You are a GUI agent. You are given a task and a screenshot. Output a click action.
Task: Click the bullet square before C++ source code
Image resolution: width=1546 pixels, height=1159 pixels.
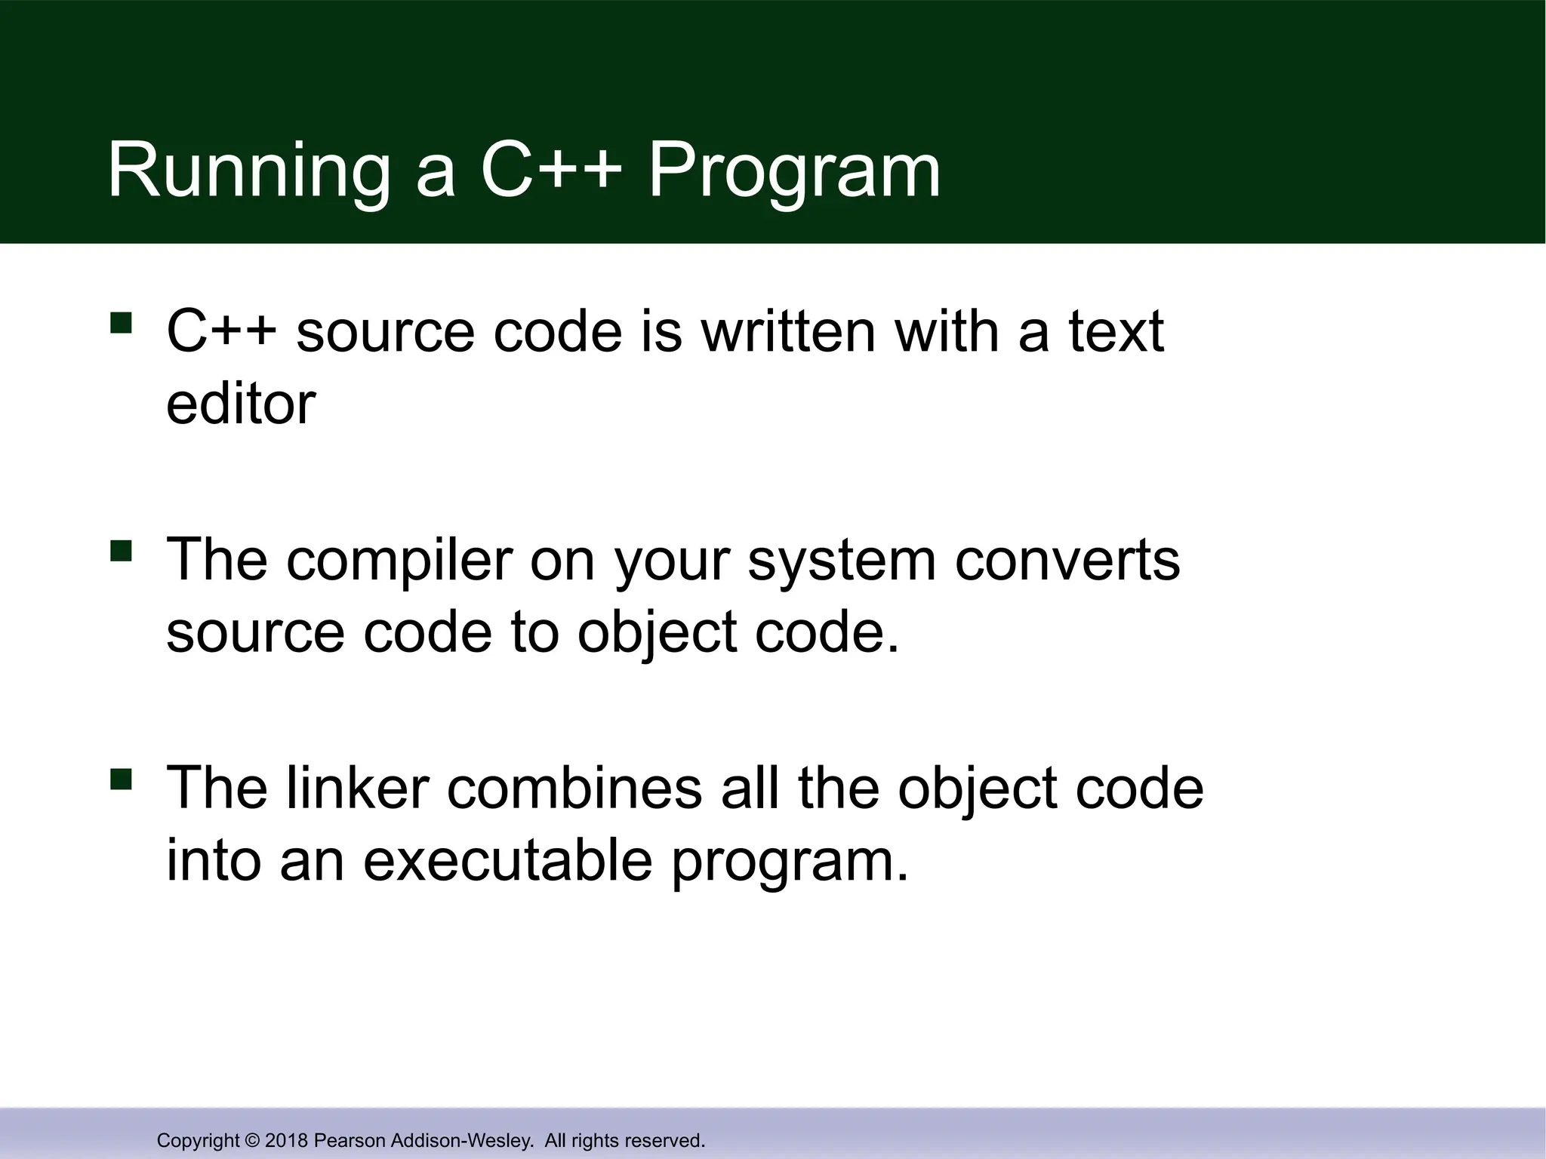pyautogui.click(x=121, y=323)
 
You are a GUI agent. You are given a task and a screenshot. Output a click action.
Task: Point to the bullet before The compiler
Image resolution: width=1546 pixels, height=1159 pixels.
pyautogui.click(x=121, y=551)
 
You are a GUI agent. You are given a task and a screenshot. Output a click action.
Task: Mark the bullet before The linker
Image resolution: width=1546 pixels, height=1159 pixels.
pyautogui.click(x=121, y=779)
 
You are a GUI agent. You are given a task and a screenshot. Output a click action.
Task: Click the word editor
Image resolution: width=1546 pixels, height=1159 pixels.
pyautogui.click(x=240, y=404)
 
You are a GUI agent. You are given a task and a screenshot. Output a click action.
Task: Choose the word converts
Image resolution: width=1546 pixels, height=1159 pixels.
pyautogui.click(x=1067, y=560)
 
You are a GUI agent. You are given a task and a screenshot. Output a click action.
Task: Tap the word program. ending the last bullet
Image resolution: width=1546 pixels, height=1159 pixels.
pyautogui.click(x=790, y=863)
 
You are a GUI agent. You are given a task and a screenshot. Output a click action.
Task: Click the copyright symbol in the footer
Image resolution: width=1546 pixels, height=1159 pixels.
pyautogui.click(x=253, y=1140)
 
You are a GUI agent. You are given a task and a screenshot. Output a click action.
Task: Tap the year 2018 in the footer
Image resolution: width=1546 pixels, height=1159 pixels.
pyautogui.click(x=287, y=1140)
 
